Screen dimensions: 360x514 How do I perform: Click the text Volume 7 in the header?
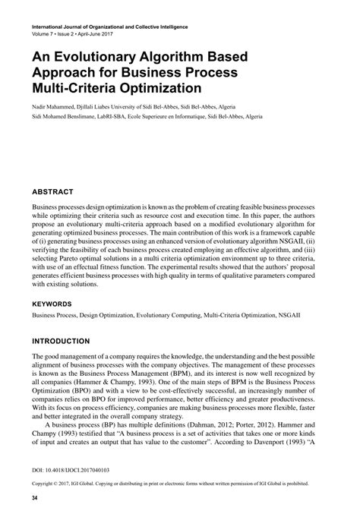[x=44, y=36]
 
